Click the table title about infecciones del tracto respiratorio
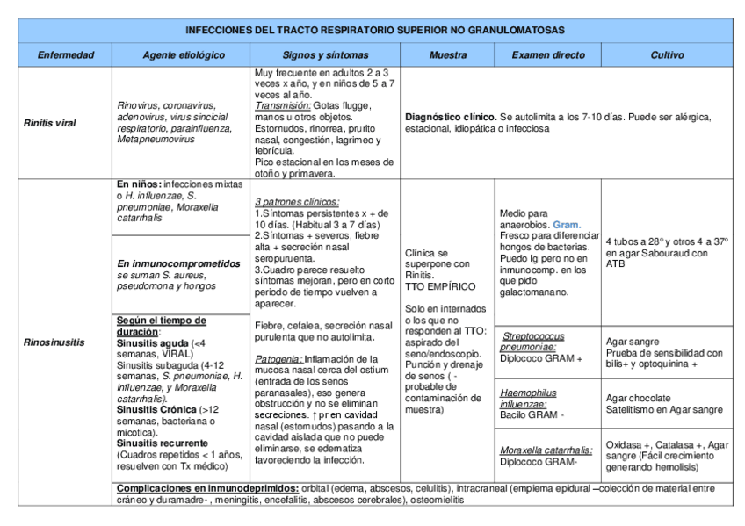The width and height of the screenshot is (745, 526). [375, 30]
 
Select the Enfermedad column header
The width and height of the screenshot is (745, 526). [65, 55]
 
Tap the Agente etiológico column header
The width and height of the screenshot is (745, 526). [183, 55]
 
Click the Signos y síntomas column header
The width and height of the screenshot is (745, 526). [324, 55]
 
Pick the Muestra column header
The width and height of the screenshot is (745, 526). [447, 55]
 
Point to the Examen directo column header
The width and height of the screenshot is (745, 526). [547, 55]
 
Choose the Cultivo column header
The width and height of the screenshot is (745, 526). [667, 55]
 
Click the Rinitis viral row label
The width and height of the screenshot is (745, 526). [51, 122]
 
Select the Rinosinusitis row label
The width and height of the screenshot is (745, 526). [54, 342]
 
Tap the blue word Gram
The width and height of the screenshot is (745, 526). [567, 225]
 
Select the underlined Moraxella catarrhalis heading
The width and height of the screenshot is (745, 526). [546, 450]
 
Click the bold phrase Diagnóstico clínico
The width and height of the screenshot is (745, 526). [450, 117]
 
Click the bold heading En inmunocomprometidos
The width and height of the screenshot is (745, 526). [177, 263]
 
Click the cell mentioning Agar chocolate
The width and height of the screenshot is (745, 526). [667, 403]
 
